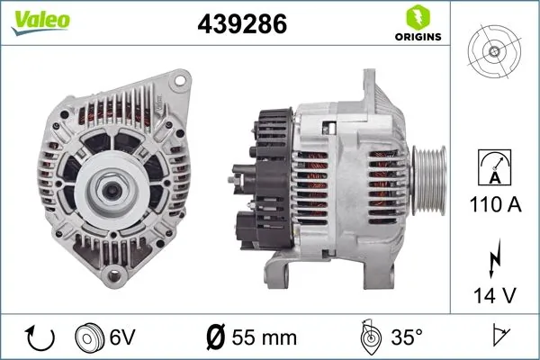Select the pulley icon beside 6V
point(90,337)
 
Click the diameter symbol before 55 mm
point(217,337)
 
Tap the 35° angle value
point(404,337)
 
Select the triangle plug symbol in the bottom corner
point(498,337)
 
